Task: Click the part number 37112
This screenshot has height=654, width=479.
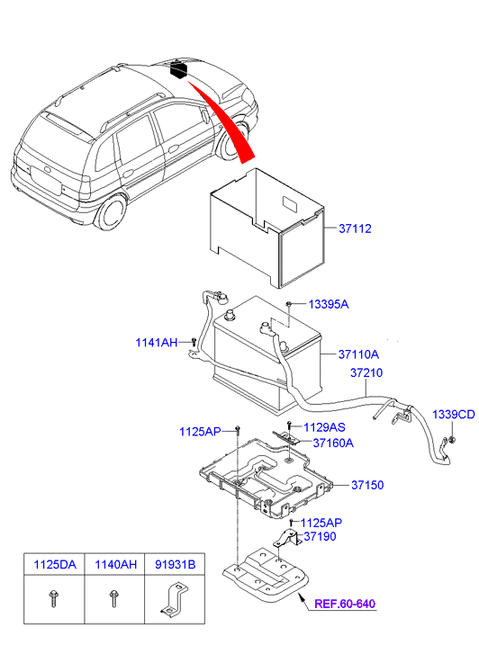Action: click(x=357, y=228)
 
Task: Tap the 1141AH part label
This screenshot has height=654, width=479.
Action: click(x=157, y=342)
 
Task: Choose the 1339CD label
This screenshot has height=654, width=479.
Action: click(x=453, y=415)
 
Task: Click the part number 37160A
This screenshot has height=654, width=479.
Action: click(x=332, y=443)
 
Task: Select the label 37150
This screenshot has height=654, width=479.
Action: click(x=366, y=485)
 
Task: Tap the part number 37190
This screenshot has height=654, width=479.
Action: click(x=321, y=537)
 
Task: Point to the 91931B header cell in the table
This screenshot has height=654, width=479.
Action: click(x=176, y=565)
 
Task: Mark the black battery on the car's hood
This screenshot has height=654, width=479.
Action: click(x=180, y=69)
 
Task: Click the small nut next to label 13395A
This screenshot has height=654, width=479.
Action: click(x=287, y=306)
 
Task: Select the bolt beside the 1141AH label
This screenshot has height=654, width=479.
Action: click(x=193, y=341)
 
